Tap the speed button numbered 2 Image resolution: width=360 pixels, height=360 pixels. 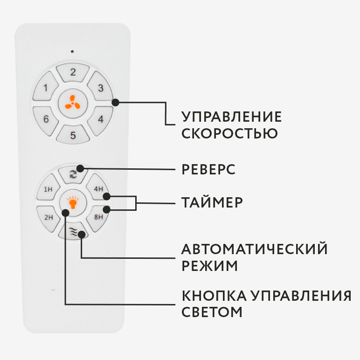[73, 73]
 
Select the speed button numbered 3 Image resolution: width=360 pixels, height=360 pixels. [100, 87]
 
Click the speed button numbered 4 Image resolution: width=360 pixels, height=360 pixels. [100, 119]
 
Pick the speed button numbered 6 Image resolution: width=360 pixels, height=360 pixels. [46, 119]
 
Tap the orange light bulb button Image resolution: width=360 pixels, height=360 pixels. [72, 203]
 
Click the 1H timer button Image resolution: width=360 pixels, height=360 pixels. [48, 189]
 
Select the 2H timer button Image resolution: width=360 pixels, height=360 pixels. [48, 217]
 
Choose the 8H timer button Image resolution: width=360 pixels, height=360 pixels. [98, 217]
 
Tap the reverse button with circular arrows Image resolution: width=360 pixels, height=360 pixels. [73, 174]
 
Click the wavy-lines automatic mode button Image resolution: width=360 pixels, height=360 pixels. [73, 231]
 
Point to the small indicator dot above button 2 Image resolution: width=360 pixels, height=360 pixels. [72, 51]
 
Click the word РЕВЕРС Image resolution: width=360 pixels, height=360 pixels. [208, 169]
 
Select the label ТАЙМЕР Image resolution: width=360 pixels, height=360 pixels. [212, 203]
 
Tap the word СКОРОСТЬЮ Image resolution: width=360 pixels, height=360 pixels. [229, 133]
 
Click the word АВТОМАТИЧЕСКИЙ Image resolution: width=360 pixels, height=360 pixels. [255, 249]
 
